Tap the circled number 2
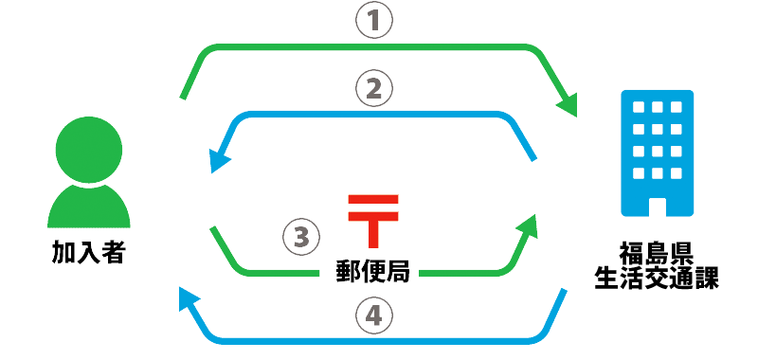(373, 89)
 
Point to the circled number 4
(373, 315)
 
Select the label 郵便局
(373, 272)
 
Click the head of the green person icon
(88, 146)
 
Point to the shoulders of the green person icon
(88, 208)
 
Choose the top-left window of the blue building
(638, 107)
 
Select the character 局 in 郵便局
(398, 272)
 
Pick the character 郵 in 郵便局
(348, 272)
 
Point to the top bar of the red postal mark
(373, 199)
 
